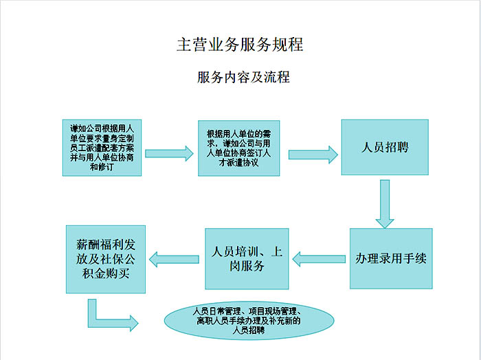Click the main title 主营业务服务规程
click(239, 45)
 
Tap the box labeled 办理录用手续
click(391, 258)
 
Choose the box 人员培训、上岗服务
click(245, 258)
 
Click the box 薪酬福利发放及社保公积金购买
click(106, 259)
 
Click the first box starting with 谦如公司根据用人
click(102, 147)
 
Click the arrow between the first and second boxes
click(167, 153)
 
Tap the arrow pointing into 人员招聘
click(313, 153)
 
